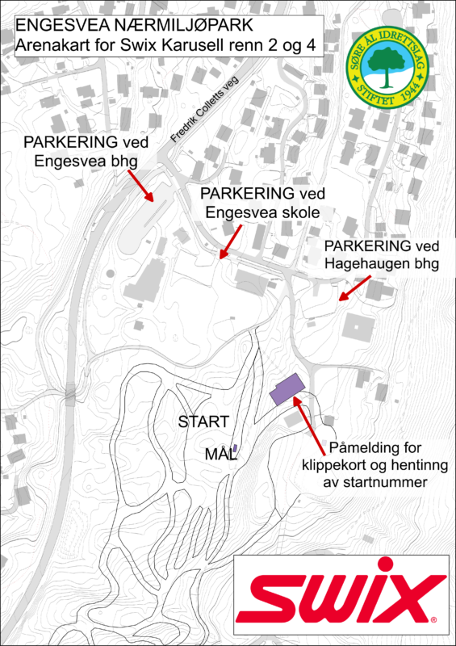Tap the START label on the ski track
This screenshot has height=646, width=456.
pyautogui.click(x=203, y=422)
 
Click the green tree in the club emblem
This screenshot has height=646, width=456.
pyautogui.click(x=387, y=64)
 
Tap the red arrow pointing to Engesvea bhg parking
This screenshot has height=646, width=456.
pyautogui.click(x=140, y=186)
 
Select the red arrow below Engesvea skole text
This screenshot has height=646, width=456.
pyautogui.click(x=230, y=241)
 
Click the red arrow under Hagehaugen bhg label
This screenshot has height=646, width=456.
pyautogui.click(x=354, y=288)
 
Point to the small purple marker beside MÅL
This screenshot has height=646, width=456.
pyautogui.click(x=235, y=448)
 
